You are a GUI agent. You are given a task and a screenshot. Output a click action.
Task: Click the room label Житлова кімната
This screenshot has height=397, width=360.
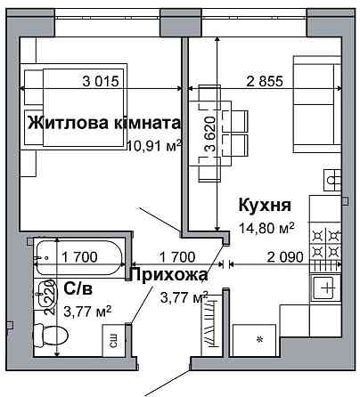coord(104,122)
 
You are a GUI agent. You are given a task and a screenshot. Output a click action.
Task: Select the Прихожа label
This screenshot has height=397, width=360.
coord(169,275)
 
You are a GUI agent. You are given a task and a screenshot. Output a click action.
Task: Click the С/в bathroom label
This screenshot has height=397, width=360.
coord(78,288)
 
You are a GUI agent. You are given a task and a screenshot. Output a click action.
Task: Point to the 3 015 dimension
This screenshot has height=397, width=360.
coord(100,83)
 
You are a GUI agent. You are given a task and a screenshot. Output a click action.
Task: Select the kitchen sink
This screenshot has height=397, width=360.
coord(324,288)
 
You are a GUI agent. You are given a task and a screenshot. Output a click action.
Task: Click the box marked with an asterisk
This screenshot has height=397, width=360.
coord(258,340)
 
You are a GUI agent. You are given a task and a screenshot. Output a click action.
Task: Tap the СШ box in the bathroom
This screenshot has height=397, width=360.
coord(114,339)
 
